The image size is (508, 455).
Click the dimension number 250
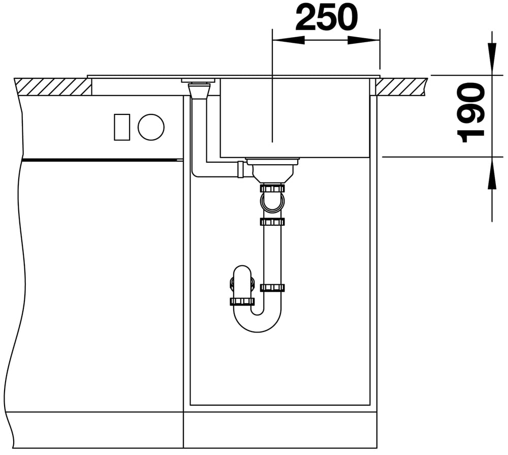(327, 17)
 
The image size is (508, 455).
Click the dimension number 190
(470, 112)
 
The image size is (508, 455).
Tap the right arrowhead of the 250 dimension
(364, 40)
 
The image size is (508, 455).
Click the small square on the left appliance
(122, 127)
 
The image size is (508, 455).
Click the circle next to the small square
(151, 127)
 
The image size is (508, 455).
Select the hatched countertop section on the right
(401, 86)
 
